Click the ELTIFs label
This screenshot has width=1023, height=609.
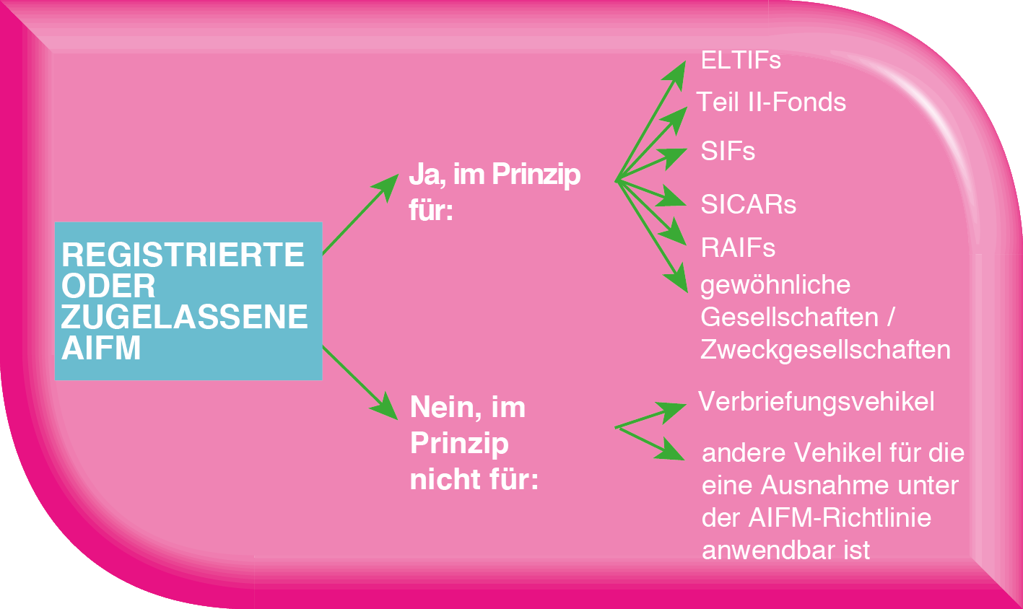(741, 60)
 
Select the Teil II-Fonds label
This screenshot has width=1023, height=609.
(771, 102)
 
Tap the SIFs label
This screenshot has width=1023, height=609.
(728, 152)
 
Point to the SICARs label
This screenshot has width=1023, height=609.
(748, 205)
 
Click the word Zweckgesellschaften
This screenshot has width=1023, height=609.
(825, 350)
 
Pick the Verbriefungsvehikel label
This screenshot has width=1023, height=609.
(817, 402)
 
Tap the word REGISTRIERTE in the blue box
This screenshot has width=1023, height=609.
(183, 255)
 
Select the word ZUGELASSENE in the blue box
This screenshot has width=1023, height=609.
(185, 318)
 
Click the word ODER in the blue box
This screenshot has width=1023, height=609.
(108, 286)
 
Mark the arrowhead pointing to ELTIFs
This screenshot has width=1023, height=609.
(679, 70)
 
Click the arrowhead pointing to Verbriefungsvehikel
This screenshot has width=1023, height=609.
(676, 411)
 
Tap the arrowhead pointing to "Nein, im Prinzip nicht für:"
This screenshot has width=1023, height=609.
(386, 410)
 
